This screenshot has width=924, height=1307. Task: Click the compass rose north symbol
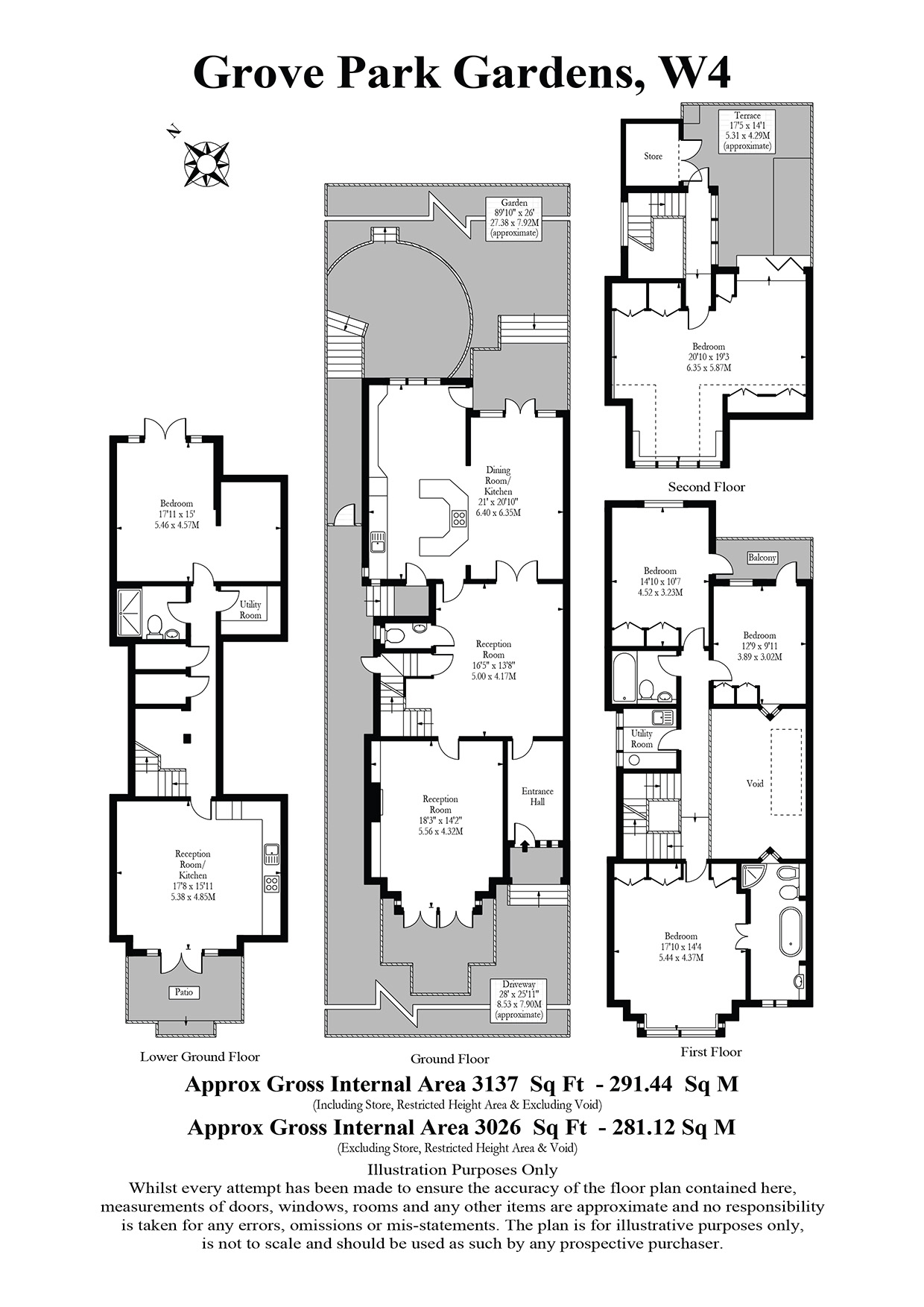[206, 163]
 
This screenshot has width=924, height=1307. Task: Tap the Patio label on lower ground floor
[184, 992]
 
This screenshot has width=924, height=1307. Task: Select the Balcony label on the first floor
[762, 558]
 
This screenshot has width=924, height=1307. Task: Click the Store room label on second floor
[653, 156]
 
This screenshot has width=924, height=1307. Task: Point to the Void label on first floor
[755, 784]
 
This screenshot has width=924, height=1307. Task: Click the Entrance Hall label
[537, 796]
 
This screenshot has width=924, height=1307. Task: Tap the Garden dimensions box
[514, 217]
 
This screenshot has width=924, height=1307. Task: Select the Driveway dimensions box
[519, 1000]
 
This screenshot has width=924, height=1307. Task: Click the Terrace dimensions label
[747, 131]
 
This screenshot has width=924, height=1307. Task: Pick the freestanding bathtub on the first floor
[789, 931]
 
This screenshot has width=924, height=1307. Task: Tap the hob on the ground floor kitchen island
[458, 517]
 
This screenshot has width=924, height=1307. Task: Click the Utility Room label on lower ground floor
[250, 610]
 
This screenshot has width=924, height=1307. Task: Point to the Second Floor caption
[706, 487]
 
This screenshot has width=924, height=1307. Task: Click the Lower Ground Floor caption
[200, 1056]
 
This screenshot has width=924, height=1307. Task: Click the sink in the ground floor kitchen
[378, 542]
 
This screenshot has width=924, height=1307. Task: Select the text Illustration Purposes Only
[463, 1170]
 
